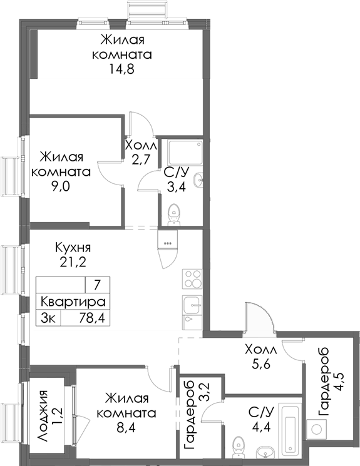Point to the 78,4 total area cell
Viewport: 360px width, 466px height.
[x=90, y=317]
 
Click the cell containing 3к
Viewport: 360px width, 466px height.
[x=48, y=317]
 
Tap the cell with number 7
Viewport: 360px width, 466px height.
[x=97, y=285]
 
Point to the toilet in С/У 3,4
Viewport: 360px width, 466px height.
[x=174, y=214]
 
